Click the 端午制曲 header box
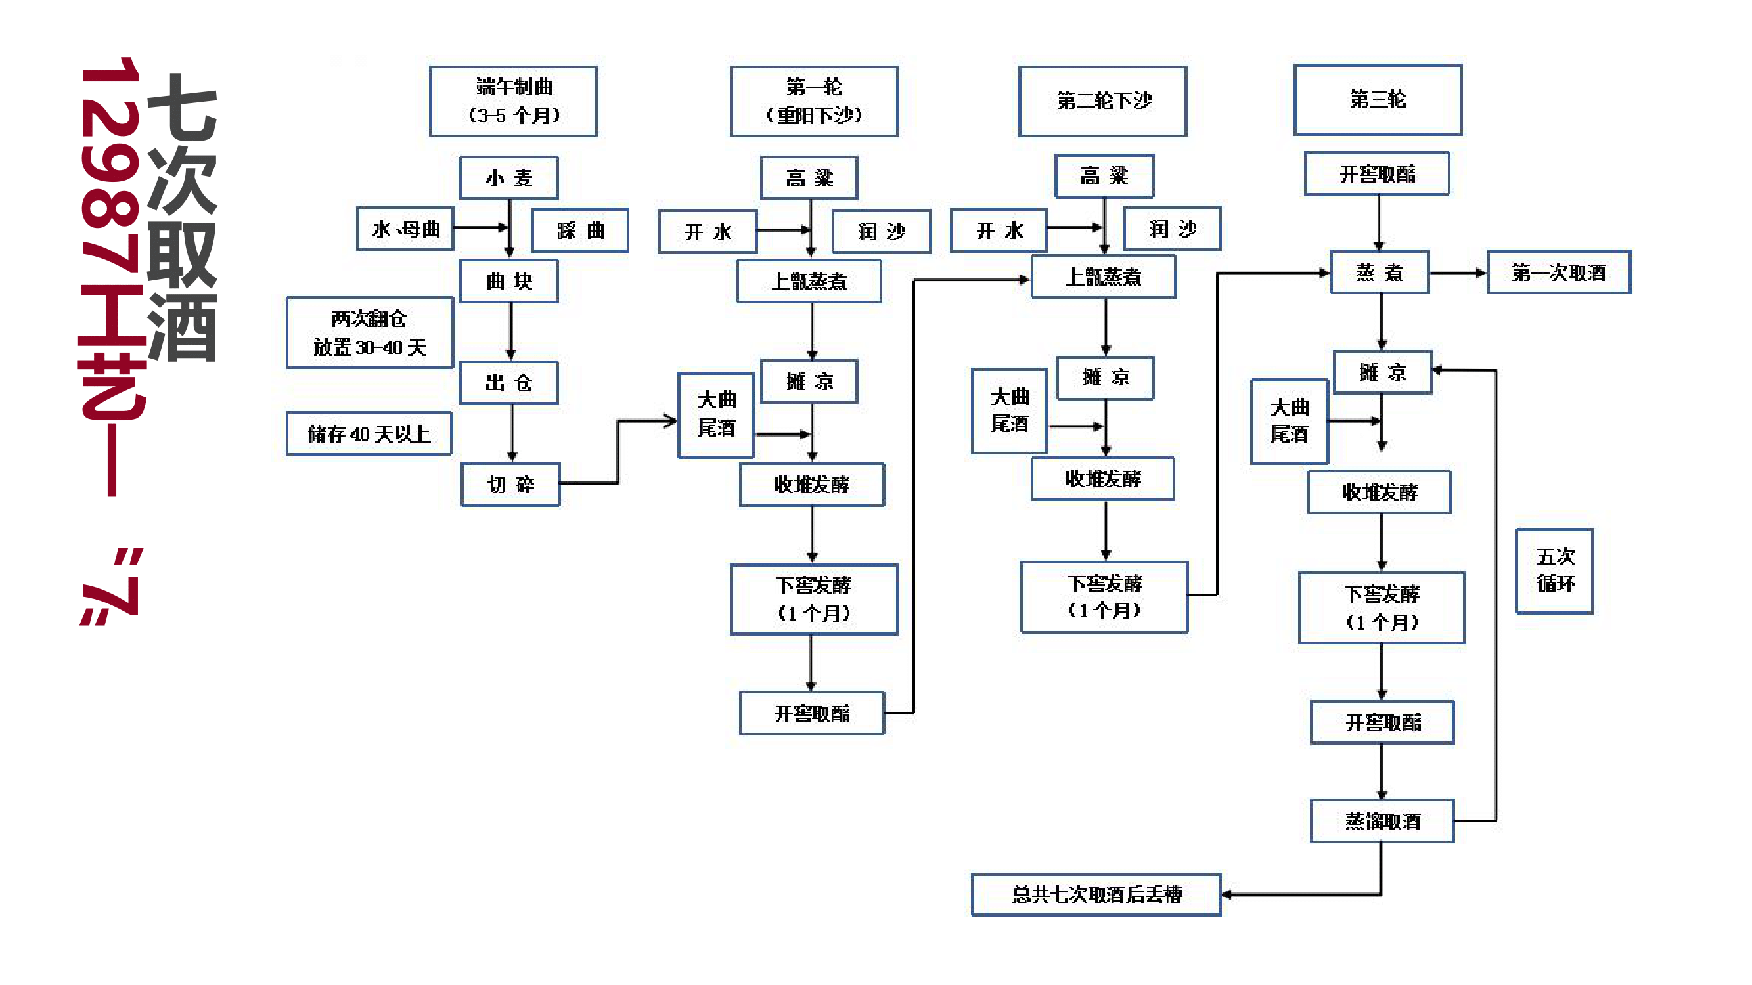(x=513, y=101)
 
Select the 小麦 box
(x=508, y=177)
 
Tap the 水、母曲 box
(x=405, y=229)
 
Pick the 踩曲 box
(x=579, y=230)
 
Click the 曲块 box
(x=508, y=281)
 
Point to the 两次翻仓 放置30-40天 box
(x=369, y=332)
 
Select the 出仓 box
(x=508, y=383)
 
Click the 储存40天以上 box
(x=369, y=433)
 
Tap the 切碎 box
(x=510, y=485)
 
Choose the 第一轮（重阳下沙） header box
(x=813, y=101)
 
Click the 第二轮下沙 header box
(x=1102, y=101)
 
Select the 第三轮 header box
(x=1378, y=100)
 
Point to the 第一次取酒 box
(x=1558, y=273)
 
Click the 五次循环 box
(x=1554, y=571)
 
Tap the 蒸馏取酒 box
(x=1382, y=821)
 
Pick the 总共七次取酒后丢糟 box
(x=1096, y=894)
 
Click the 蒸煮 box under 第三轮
(x=1380, y=273)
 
